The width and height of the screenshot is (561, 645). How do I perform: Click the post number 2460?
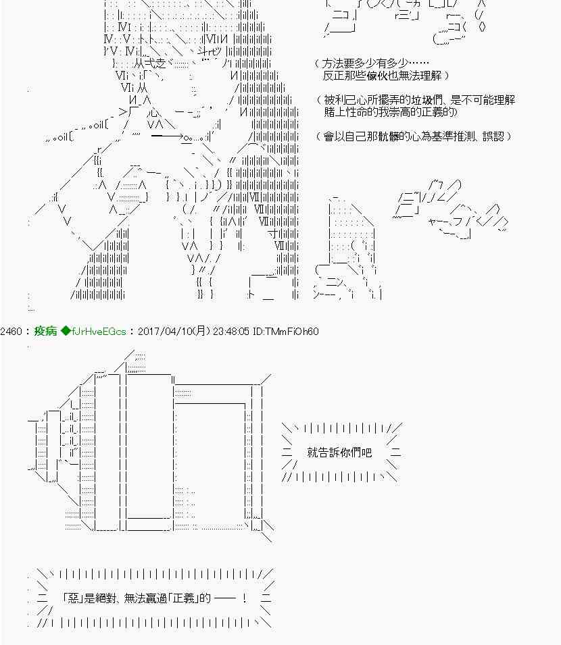click(x=14, y=332)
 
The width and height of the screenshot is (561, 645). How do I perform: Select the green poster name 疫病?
click(x=45, y=332)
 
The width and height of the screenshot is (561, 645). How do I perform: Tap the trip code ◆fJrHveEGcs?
click(x=93, y=332)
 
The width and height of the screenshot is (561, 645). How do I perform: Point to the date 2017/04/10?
click(x=166, y=332)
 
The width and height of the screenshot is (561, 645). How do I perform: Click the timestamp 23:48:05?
click(x=234, y=332)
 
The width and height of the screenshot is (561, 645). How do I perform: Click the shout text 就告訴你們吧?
click(x=339, y=452)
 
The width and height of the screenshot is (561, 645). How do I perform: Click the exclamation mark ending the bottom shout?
click(x=244, y=598)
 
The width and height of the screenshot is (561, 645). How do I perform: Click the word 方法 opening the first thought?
click(x=333, y=63)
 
